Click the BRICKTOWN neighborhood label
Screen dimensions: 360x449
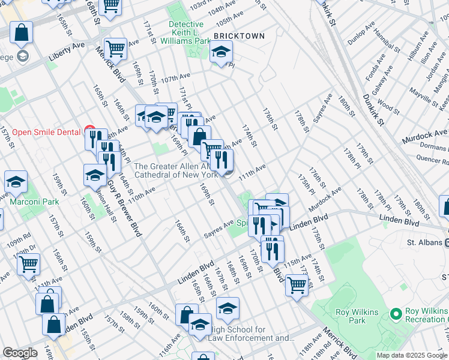click(239, 36)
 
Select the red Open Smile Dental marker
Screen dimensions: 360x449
click(90, 131)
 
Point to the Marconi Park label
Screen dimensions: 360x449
click(34, 202)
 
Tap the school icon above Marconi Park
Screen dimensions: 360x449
click(16, 182)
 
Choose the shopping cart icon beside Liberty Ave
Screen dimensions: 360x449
click(115, 49)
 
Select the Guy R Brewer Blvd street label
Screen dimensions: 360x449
click(124, 206)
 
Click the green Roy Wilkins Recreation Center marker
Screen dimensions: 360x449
click(396, 314)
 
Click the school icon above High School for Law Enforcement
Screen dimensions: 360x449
click(228, 308)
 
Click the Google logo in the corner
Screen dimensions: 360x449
click(20, 353)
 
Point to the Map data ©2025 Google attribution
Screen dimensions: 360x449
click(412, 355)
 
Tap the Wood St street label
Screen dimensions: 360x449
click(389, 109)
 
